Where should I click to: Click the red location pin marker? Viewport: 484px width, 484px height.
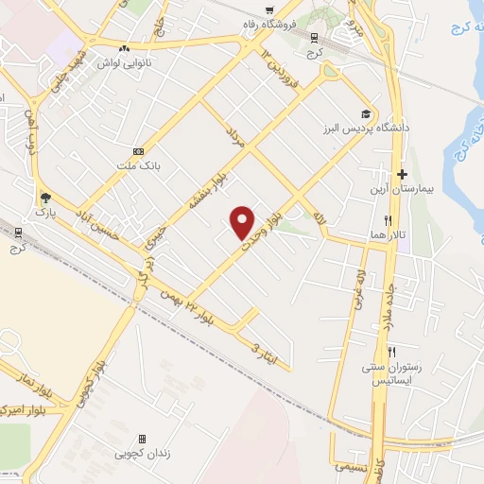(243, 221)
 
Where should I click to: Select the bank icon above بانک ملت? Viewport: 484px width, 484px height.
(140, 151)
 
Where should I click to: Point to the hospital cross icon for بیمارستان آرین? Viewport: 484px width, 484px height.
(402, 175)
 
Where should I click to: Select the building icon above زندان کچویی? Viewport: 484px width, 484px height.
(142, 439)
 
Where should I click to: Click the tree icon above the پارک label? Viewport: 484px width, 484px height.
(44, 197)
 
